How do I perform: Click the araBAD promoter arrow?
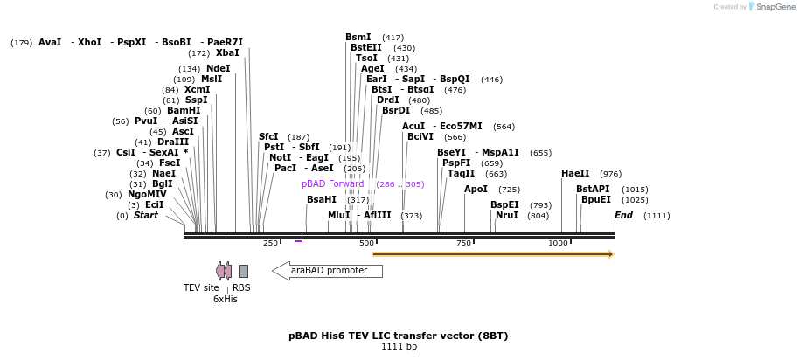click(x=327, y=271)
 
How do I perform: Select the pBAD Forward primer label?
click(x=332, y=184)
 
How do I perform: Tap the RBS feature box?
click(x=243, y=271)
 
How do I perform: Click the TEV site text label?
click(x=201, y=287)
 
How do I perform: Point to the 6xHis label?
click(x=226, y=299)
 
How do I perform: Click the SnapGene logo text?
click(x=773, y=7)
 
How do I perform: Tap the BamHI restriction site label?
click(x=184, y=111)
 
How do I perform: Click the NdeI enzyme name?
click(x=219, y=69)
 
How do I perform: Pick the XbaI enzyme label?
click(x=227, y=53)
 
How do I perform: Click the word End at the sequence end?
click(x=623, y=216)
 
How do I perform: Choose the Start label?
click(x=146, y=216)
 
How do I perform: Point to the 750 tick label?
click(x=463, y=243)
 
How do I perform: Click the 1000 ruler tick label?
click(x=558, y=243)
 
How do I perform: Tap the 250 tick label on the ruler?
click(x=270, y=243)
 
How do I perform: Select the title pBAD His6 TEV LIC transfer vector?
click(x=398, y=336)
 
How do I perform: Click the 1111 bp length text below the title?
click(x=399, y=347)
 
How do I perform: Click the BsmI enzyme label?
click(x=358, y=38)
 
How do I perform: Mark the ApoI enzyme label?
click(x=476, y=190)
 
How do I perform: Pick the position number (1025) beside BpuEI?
click(x=635, y=200)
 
